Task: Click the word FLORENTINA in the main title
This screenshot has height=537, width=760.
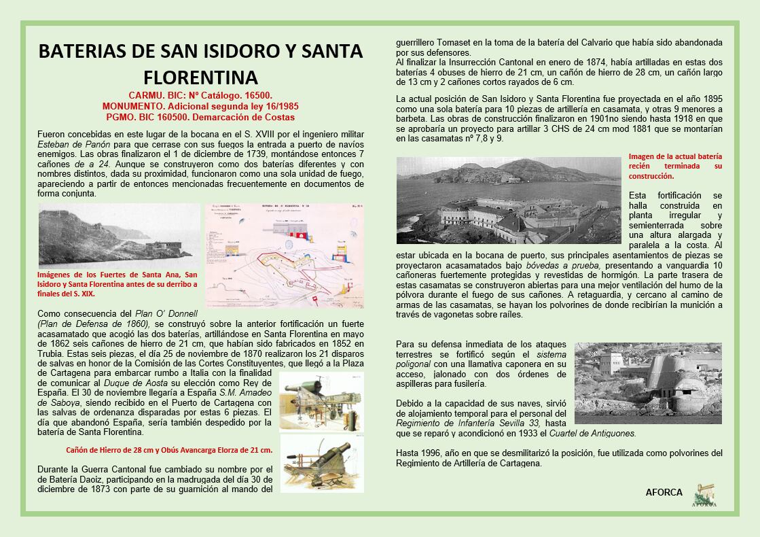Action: pyautogui.click(x=200, y=75)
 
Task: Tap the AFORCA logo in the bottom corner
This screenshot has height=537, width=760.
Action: pyautogui.click(x=704, y=494)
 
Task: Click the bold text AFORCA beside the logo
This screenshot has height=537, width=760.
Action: pyautogui.click(x=664, y=493)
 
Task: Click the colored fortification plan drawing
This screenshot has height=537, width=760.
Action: pyautogui.click(x=284, y=255)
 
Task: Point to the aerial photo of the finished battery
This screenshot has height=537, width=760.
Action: pyautogui.click(x=509, y=201)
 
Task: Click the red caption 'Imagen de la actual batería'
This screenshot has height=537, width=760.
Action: pyautogui.click(x=675, y=156)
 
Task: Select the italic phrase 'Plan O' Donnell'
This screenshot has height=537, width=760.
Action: pyautogui.click(x=166, y=314)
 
